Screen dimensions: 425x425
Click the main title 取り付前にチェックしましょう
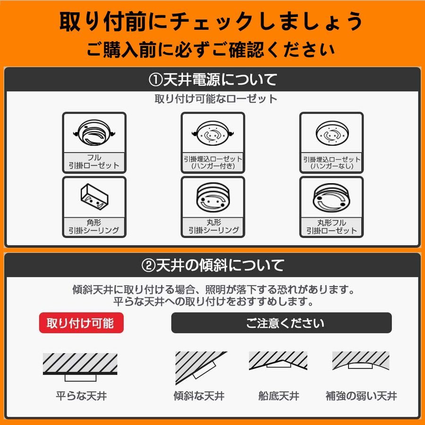click(x=211, y=22)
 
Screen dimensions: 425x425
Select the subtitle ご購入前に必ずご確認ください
click(x=211, y=50)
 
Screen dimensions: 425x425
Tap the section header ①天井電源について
click(x=212, y=80)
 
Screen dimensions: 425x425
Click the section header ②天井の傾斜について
click(x=212, y=265)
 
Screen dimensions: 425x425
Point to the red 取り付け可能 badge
click(x=81, y=323)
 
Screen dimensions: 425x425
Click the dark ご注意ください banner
click(x=281, y=323)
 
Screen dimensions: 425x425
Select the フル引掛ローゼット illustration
click(x=94, y=133)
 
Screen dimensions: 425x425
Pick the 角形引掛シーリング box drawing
click(x=94, y=196)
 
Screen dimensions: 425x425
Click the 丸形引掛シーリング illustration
click(x=213, y=197)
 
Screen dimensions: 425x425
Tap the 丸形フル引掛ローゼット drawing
click(x=331, y=197)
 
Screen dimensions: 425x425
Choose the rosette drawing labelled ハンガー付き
click(x=213, y=133)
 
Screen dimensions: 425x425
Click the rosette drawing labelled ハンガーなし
click(x=332, y=133)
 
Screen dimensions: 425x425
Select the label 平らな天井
click(x=81, y=396)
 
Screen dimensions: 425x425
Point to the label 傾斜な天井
click(x=199, y=396)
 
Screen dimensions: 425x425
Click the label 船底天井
click(x=279, y=396)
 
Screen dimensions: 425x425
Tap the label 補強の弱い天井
click(x=361, y=396)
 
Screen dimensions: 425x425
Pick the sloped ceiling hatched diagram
click(x=201, y=367)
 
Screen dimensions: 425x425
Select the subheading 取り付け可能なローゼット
click(x=216, y=99)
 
